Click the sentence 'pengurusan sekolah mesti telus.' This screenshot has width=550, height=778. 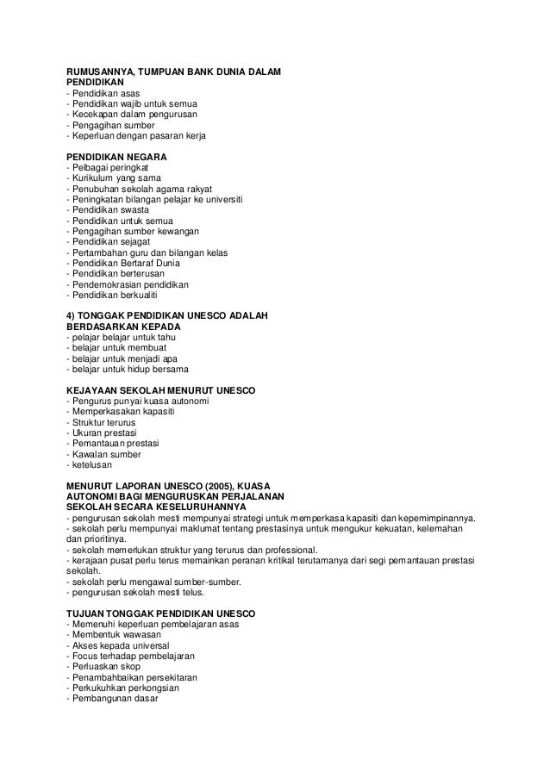pos(135,591)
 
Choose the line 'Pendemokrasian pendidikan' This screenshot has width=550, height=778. pos(130,284)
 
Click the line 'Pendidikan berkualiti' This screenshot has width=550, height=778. pos(116,295)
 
